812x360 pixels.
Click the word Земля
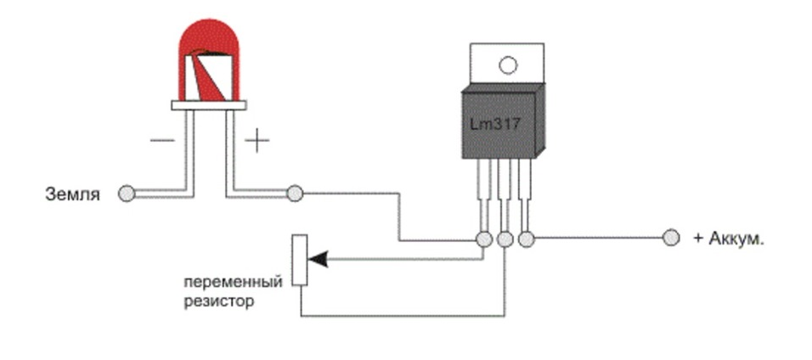coord(72,194)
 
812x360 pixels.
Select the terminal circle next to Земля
coord(126,194)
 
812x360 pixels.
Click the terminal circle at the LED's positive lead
coord(295,194)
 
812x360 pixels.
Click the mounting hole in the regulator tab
coord(508,65)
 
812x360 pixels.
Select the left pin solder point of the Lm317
coord(484,239)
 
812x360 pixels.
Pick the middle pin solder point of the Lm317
coord(505,239)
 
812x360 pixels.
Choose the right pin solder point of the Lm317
coord(527,239)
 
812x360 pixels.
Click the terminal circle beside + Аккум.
coord(671,239)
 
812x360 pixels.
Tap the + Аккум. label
coord(729,239)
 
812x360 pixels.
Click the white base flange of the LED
coord(209,104)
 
